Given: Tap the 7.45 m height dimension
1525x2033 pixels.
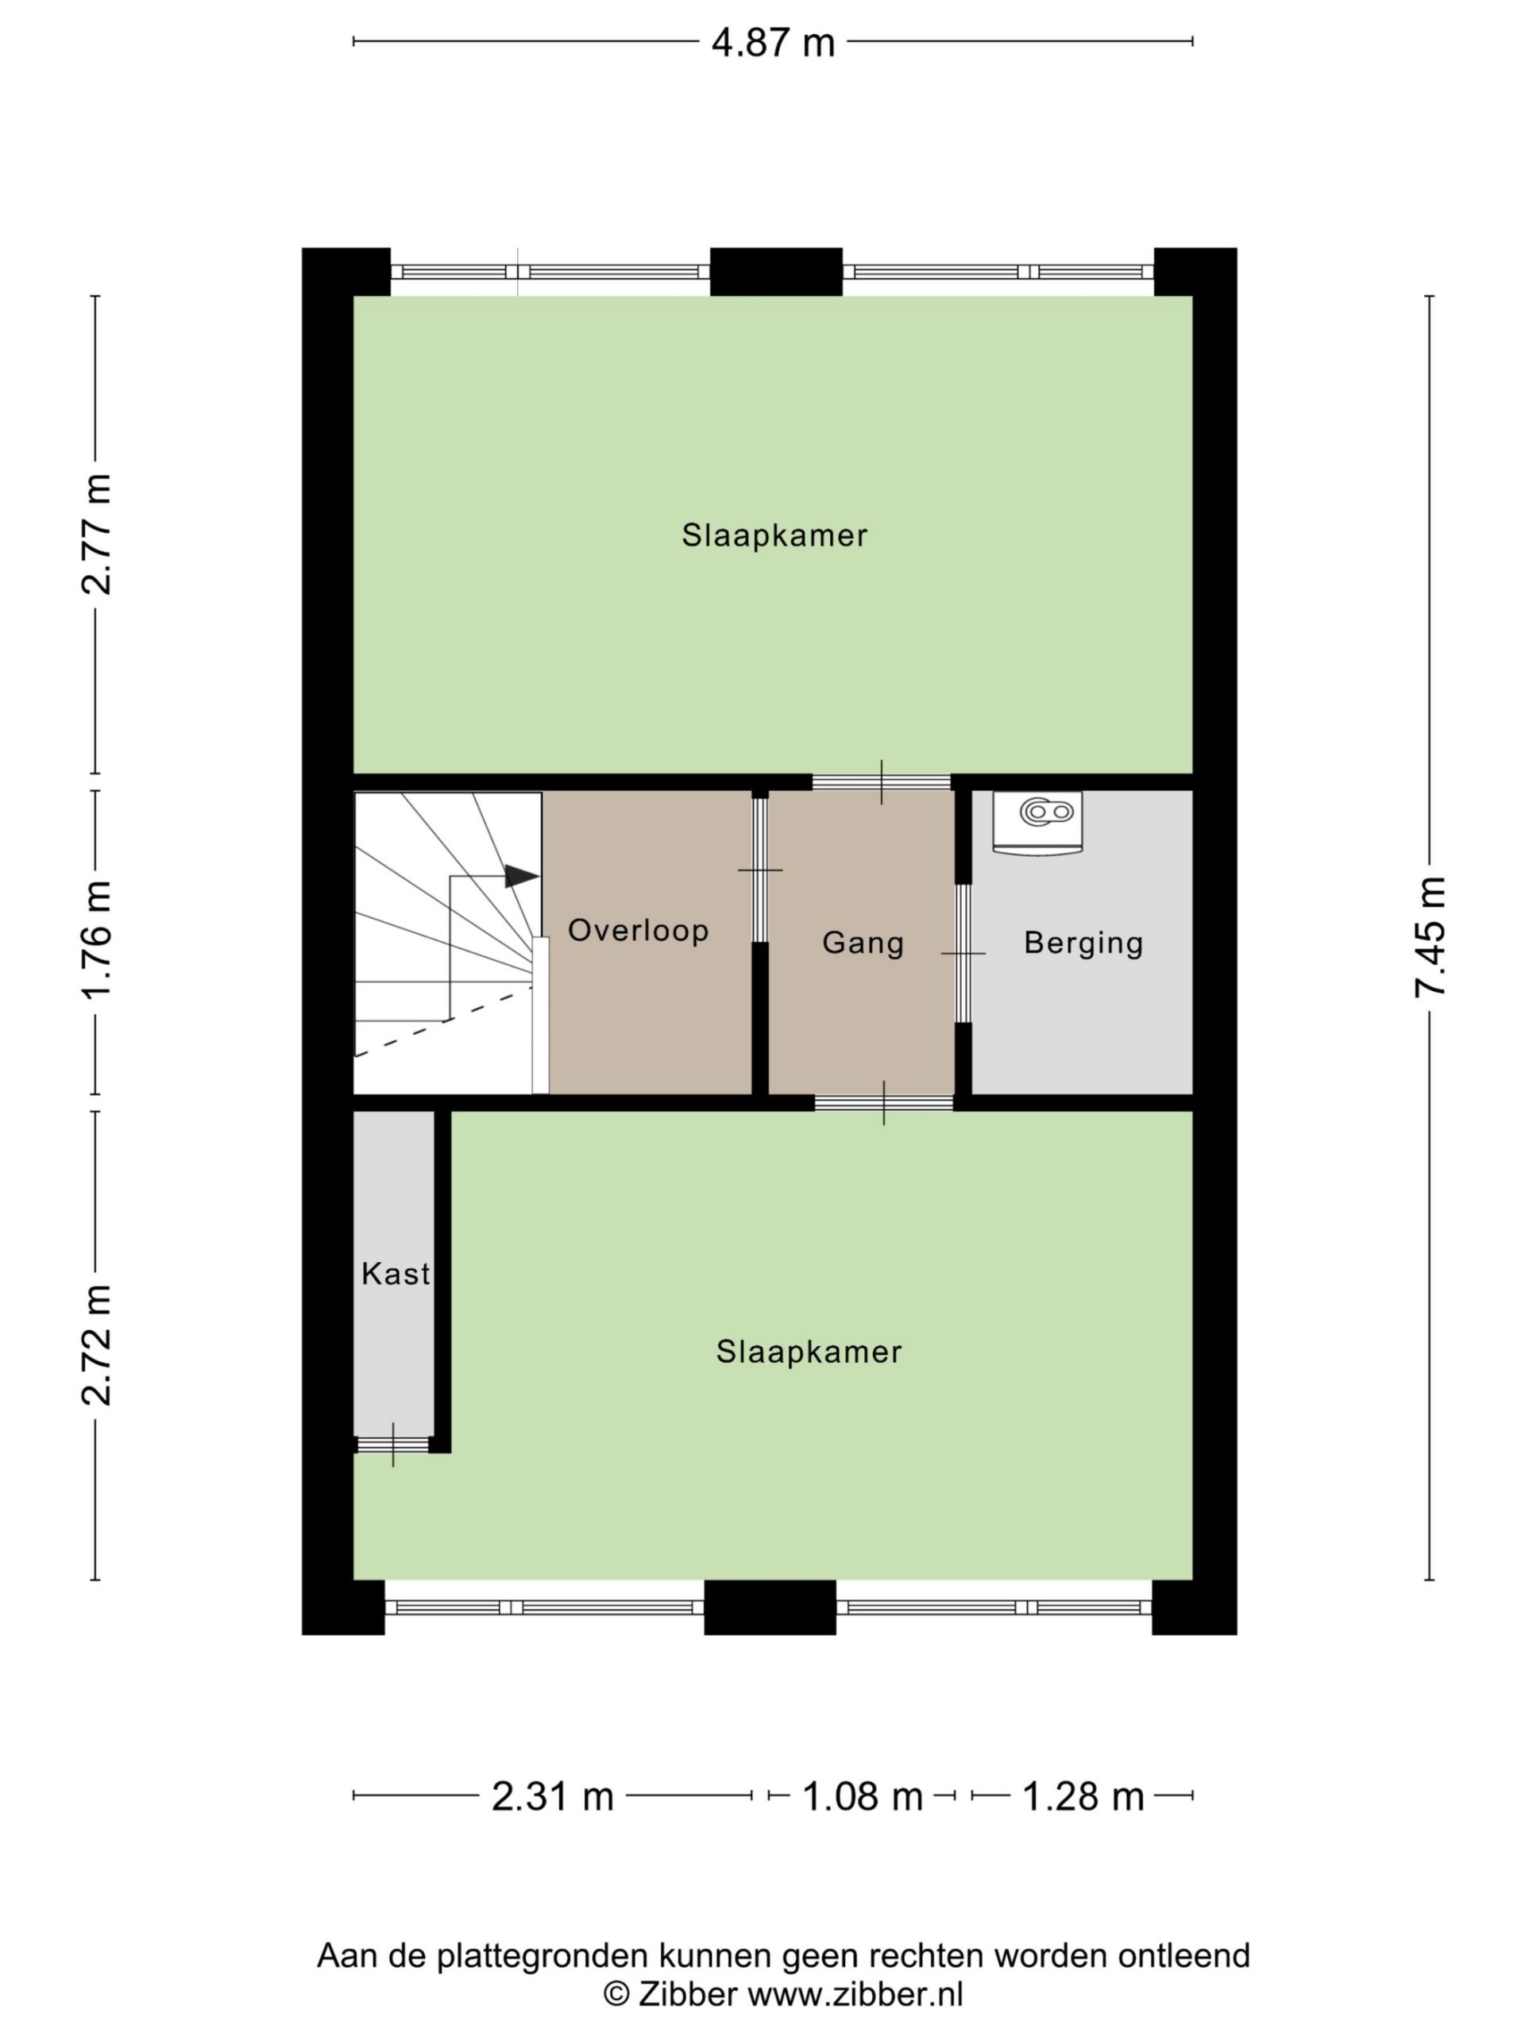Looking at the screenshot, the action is pyautogui.click(x=1431, y=936).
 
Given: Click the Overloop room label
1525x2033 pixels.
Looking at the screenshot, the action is pyautogui.click(x=639, y=930).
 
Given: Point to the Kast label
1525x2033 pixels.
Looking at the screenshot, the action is pyautogui.click(x=396, y=1274).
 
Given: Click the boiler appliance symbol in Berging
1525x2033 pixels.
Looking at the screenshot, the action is pyautogui.click(x=1037, y=823).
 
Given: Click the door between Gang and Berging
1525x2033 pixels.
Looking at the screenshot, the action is pyautogui.click(x=963, y=953).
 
